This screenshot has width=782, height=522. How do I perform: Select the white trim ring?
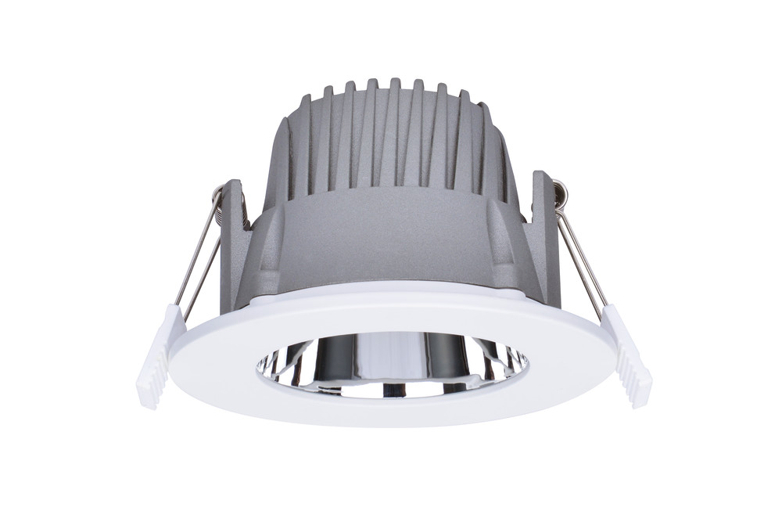click(x=391, y=407)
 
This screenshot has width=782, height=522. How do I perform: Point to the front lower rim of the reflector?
click(x=391, y=391)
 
